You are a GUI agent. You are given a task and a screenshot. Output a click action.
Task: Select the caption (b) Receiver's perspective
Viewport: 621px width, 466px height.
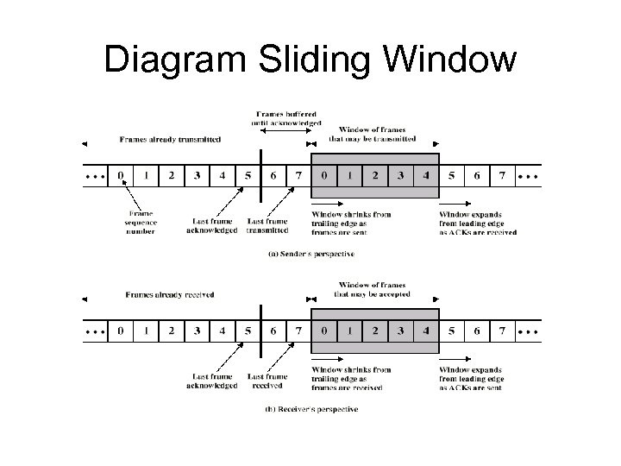point(310,409)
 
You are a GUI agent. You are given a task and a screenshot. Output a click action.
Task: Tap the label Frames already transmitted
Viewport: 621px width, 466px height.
point(170,139)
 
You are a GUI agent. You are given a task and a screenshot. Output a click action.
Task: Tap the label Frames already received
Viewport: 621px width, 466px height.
point(170,294)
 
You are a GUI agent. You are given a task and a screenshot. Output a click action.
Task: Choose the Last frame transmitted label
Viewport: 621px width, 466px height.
point(267,225)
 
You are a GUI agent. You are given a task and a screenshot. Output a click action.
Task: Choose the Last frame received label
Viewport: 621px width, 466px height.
point(267,381)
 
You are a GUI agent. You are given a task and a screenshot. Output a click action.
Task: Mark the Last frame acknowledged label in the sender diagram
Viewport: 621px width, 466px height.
point(211,225)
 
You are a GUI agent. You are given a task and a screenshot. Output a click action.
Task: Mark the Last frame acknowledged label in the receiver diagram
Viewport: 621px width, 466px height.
point(211,381)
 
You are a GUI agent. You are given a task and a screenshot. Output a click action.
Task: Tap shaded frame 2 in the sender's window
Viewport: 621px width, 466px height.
point(374,175)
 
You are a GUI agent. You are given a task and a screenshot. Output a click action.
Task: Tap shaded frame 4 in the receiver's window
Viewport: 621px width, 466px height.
point(425,331)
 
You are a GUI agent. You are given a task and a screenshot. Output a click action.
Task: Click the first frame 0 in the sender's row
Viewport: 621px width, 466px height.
point(121,175)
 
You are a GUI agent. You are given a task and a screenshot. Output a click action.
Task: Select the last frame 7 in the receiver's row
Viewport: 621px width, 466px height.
point(501,331)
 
